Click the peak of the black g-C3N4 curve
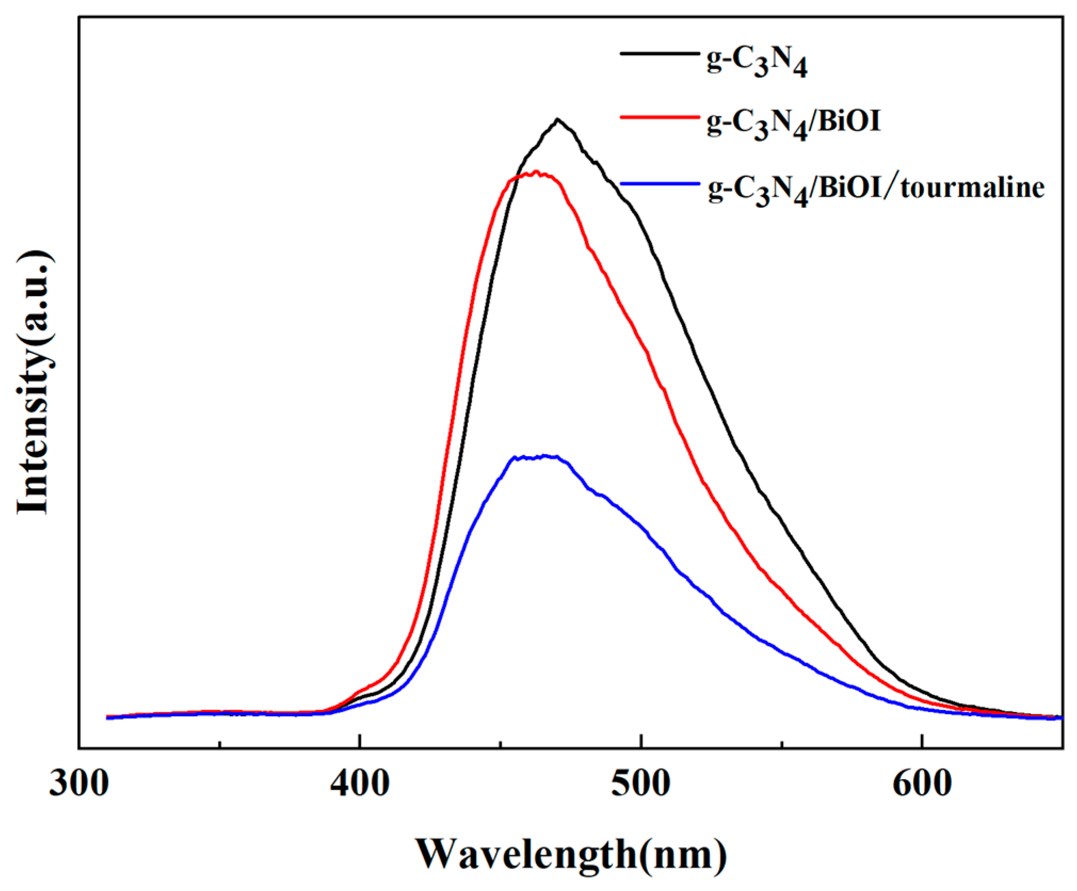pos(557,119)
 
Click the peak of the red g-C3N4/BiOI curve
pos(536,172)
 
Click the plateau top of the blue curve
pos(536,457)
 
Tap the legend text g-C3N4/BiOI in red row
pos(793,123)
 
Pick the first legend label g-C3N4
pos(757,63)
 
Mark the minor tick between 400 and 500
pos(500,744)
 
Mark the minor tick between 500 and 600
pos(782,744)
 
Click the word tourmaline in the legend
pos(972,188)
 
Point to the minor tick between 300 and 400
pos(220,744)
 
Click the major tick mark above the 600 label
pos(922,742)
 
